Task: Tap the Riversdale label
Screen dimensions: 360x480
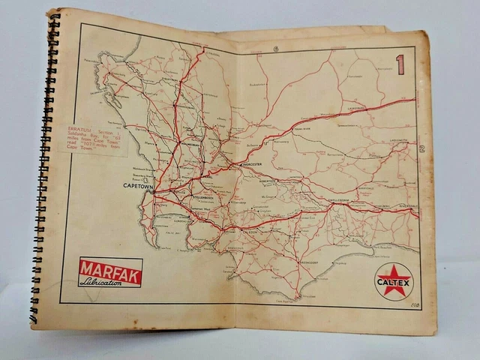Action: pyautogui.click(x=406, y=205)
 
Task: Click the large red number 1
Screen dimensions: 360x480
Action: pyautogui.click(x=400, y=64)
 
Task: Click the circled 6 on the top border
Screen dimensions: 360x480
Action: pyautogui.click(x=275, y=49)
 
